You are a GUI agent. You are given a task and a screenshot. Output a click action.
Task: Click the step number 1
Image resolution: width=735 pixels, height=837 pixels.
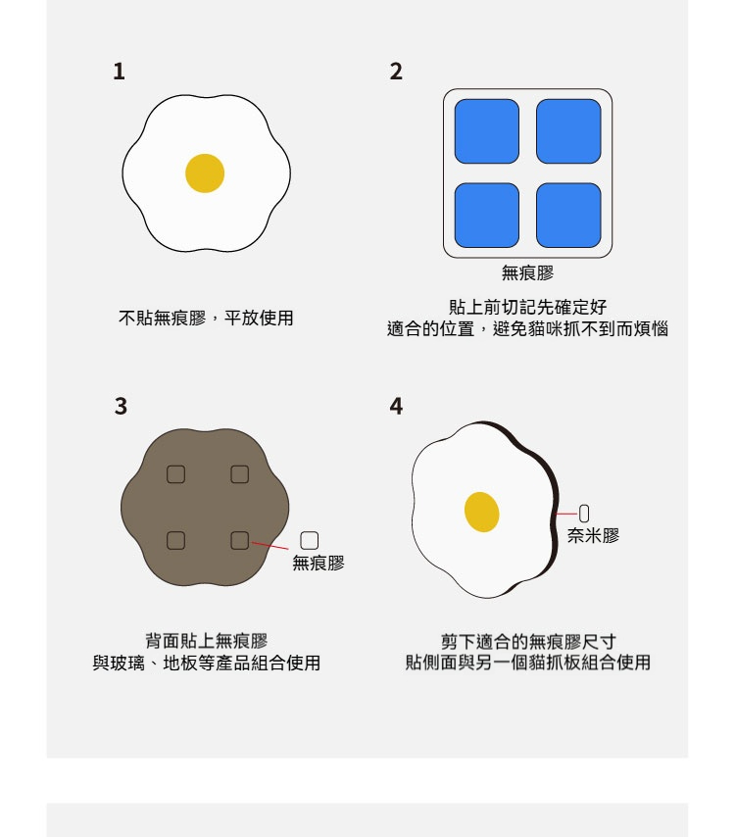(x=119, y=72)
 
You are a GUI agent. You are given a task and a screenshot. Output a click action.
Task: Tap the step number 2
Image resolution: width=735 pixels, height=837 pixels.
(x=396, y=72)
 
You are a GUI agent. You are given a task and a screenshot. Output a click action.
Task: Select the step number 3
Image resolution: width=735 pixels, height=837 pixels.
(x=122, y=406)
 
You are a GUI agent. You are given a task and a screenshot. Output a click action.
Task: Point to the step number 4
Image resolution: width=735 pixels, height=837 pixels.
(x=396, y=406)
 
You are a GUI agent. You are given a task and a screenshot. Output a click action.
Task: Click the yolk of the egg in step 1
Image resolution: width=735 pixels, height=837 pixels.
(x=205, y=173)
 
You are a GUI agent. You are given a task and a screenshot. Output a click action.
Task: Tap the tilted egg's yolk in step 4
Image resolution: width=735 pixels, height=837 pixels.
(x=482, y=512)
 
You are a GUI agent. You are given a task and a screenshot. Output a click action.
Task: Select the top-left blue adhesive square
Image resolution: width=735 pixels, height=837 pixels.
(x=487, y=131)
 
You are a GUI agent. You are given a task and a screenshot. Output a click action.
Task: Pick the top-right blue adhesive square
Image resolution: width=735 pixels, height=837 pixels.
(x=568, y=131)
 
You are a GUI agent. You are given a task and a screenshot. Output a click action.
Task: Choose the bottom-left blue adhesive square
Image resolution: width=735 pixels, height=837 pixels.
(x=487, y=215)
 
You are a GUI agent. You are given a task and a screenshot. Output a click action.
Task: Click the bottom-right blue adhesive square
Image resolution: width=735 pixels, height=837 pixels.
(x=568, y=215)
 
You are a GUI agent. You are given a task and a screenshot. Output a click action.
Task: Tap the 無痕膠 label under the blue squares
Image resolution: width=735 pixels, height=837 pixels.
(x=527, y=273)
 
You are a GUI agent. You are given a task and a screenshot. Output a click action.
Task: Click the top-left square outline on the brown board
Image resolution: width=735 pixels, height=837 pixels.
(x=176, y=474)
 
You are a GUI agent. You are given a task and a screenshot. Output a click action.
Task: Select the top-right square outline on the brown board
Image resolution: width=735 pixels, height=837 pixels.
(x=240, y=474)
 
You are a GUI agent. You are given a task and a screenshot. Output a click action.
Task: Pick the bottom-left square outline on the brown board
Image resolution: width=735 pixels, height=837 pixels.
(x=176, y=540)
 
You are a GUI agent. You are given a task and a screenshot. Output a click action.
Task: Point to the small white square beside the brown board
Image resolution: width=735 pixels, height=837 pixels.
(x=310, y=540)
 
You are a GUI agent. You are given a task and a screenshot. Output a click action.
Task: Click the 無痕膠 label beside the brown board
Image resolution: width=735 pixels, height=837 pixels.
(x=318, y=564)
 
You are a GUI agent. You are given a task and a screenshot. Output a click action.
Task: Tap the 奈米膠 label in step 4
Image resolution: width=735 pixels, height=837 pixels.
(x=593, y=535)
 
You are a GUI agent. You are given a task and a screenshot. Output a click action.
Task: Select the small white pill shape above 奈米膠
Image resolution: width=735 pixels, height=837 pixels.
(x=584, y=514)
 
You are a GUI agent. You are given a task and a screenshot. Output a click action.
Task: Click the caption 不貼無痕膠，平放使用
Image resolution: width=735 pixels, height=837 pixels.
(x=206, y=319)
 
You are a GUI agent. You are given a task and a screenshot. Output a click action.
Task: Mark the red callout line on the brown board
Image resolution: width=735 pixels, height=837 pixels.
(x=269, y=546)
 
